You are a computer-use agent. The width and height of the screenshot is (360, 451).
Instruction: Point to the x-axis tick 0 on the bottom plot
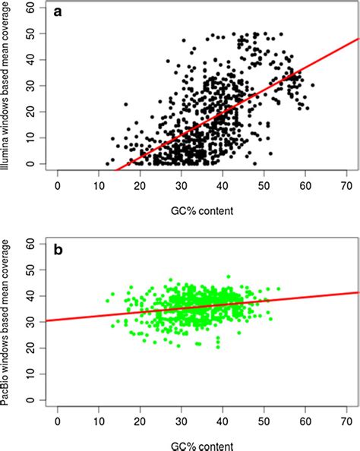[x=58, y=418]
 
